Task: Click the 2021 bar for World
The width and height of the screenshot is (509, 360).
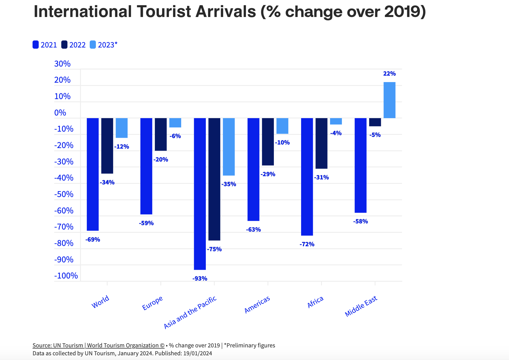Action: click(93, 174)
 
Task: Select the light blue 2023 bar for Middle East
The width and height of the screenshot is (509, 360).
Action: click(389, 100)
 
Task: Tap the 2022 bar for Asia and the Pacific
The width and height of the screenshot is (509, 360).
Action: click(214, 179)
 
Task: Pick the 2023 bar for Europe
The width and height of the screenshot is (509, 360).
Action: click(175, 123)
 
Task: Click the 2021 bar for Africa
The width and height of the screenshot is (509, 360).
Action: click(307, 176)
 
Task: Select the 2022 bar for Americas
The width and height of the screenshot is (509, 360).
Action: click(268, 142)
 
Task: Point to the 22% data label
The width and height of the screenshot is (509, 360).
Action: click(389, 74)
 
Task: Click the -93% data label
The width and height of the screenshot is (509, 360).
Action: click(200, 279)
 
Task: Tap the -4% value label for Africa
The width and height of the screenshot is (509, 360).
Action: click(336, 133)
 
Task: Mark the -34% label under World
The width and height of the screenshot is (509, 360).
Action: click(107, 182)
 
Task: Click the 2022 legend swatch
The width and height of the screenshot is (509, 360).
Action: click(65, 45)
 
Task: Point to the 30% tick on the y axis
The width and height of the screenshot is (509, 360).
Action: click(62, 64)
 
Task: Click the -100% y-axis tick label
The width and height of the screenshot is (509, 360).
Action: click(66, 276)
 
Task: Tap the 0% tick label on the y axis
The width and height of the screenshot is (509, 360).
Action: click(60, 113)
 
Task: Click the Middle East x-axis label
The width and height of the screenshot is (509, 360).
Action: click(361, 306)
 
